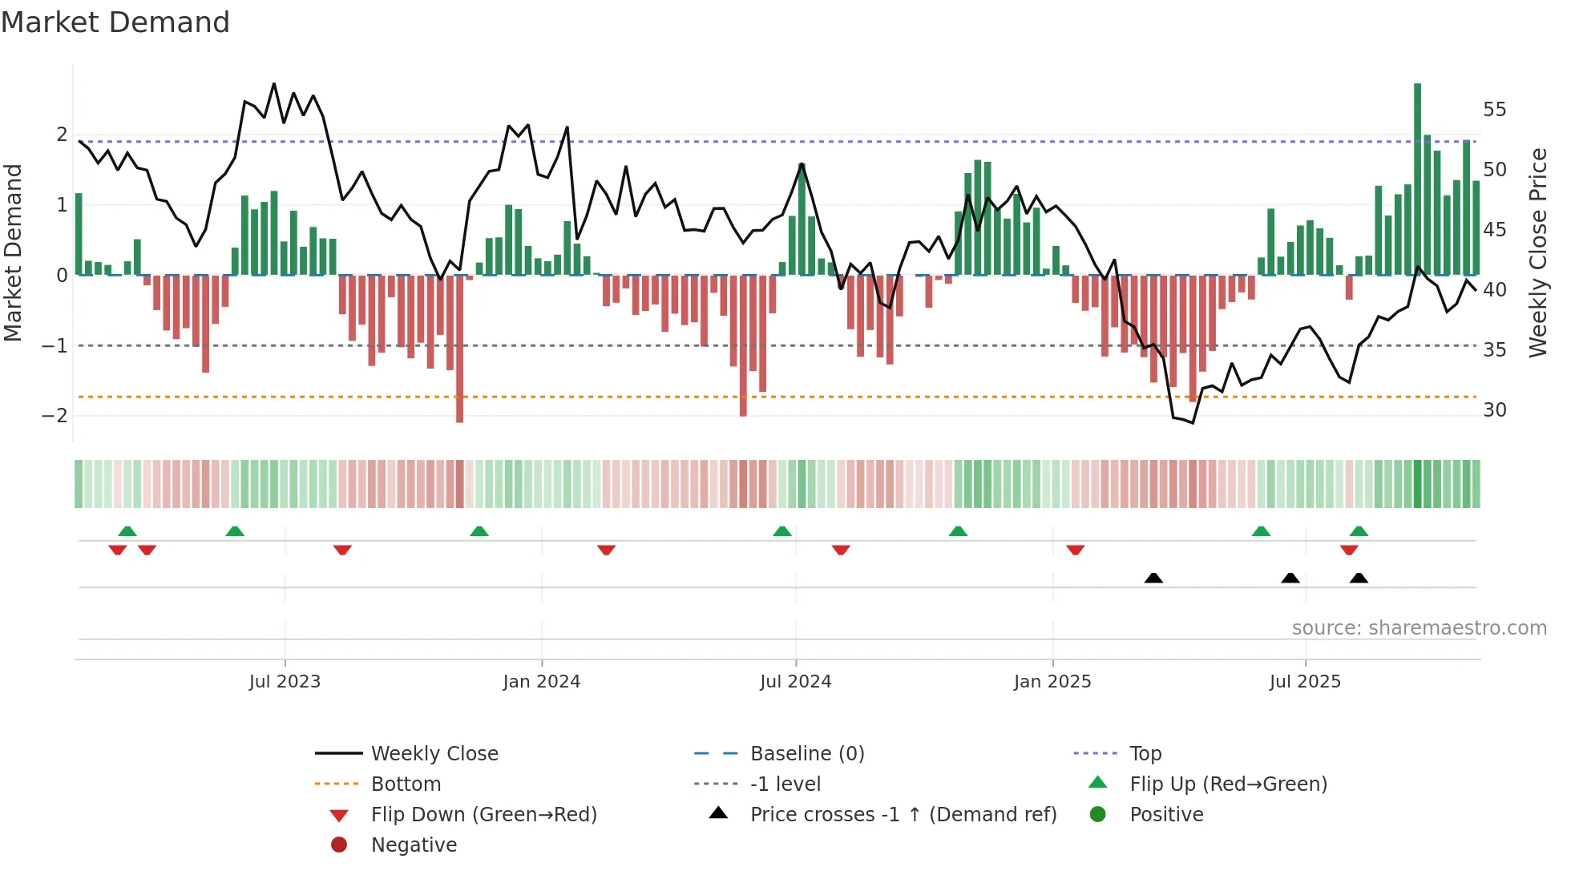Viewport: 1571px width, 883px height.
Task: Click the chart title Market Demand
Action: coord(115,22)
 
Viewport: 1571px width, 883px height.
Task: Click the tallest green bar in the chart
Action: coord(1417,180)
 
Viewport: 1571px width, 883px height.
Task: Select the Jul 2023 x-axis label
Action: coord(285,682)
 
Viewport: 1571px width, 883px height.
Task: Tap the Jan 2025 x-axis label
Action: coord(1052,682)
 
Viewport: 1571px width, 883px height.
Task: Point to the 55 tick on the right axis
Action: coord(1494,110)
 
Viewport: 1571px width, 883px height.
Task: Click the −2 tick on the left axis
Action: coord(55,416)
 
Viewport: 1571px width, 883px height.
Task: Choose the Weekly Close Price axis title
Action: coord(1537,252)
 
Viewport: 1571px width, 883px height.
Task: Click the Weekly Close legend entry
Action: coord(434,754)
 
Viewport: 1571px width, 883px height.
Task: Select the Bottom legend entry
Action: coord(406,784)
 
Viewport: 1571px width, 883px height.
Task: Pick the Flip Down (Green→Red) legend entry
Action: coord(483,815)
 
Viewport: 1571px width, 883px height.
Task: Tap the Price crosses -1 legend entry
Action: coord(903,815)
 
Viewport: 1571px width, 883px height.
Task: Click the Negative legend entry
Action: coord(414,845)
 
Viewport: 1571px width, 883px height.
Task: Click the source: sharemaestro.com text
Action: coord(1419,628)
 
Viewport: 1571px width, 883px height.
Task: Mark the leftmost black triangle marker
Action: coord(1153,578)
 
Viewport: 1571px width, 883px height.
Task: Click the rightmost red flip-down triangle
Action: coord(1349,550)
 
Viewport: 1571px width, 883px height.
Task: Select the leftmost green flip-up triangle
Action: coord(127,530)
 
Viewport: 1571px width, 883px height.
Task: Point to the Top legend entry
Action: coord(1145,754)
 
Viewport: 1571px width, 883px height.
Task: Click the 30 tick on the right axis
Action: coord(1494,410)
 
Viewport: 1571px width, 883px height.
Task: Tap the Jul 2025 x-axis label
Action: coord(1305,682)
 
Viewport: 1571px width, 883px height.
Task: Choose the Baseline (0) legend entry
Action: coord(807,754)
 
